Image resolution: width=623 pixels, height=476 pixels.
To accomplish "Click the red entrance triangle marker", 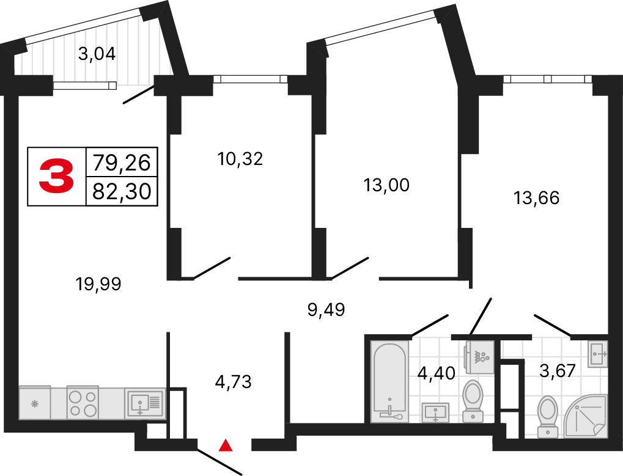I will [x=226, y=445].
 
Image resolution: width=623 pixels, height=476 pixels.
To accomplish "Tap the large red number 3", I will [x=57, y=176].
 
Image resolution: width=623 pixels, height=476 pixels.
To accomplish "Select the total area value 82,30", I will [x=122, y=192].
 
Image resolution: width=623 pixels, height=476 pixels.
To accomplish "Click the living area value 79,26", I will [x=122, y=163].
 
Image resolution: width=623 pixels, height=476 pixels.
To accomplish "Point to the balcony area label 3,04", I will [x=97, y=54].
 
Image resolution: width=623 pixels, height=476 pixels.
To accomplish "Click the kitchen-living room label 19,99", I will [x=98, y=284].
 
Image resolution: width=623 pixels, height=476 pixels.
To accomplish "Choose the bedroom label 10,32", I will [x=240, y=159].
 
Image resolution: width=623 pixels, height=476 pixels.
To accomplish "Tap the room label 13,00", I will [x=386, y=185].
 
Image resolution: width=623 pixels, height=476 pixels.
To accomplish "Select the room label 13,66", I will [x=537, y=198].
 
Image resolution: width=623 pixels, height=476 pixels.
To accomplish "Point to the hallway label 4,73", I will [x=233, y=383].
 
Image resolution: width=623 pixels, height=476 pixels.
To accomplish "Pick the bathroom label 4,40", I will [x=437, y=372].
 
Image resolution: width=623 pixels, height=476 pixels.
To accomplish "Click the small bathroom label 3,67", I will [x=557, y=370].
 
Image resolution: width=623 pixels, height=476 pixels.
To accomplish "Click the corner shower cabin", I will [x=584, y=416].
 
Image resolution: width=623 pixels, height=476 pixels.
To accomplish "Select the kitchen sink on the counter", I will [x=145, y=403].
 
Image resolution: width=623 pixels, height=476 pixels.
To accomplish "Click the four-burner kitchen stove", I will [x=83, y=403].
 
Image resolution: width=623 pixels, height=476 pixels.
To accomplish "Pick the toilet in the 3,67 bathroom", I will [x=548, y=416].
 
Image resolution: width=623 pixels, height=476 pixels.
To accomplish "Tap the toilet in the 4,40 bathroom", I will [x=473, y=400].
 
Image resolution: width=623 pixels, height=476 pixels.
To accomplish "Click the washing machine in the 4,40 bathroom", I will [x=479, y=356].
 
